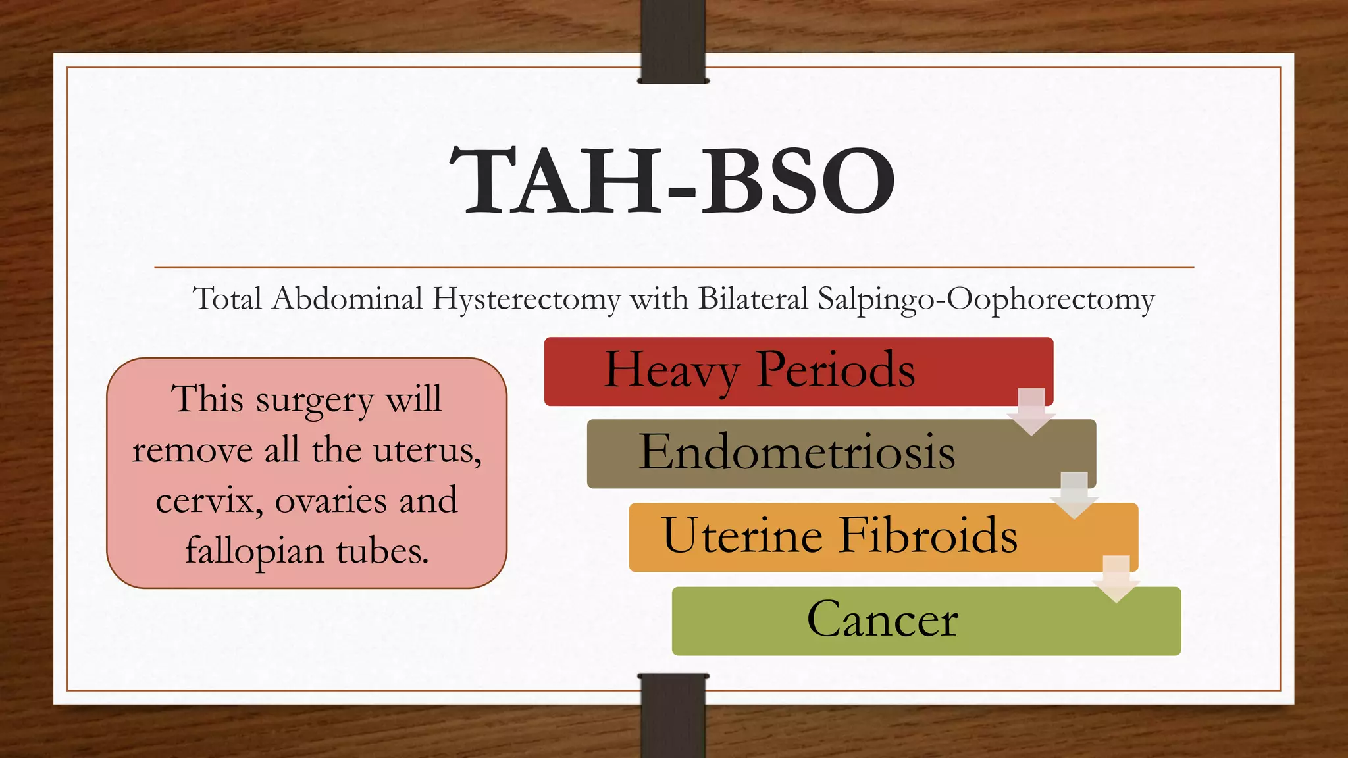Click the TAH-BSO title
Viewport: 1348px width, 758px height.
[673, 180]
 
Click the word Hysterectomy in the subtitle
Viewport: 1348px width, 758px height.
[526, 300]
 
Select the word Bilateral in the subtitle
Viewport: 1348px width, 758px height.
[753, 299]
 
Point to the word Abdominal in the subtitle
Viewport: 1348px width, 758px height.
[348, 299]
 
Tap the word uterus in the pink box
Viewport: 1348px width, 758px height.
[427, 451]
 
